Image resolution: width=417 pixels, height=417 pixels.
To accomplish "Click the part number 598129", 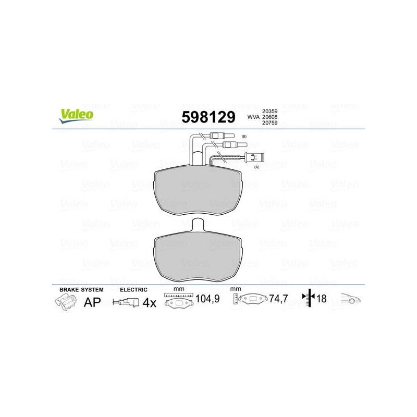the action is click(x=208, y=117).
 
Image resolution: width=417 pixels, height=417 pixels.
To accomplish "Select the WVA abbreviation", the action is click(x=253, y=117).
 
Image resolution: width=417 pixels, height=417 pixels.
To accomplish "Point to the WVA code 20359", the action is click(x=269, y=111).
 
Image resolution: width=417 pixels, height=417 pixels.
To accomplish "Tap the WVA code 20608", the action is click(x=269, y=117).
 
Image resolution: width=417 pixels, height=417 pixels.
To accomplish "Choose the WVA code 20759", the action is click(x=269, y=123).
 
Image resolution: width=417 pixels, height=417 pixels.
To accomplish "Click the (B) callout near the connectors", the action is click(x=244, y=137).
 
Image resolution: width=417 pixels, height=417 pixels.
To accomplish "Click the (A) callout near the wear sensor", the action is click(x=256, y=167).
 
